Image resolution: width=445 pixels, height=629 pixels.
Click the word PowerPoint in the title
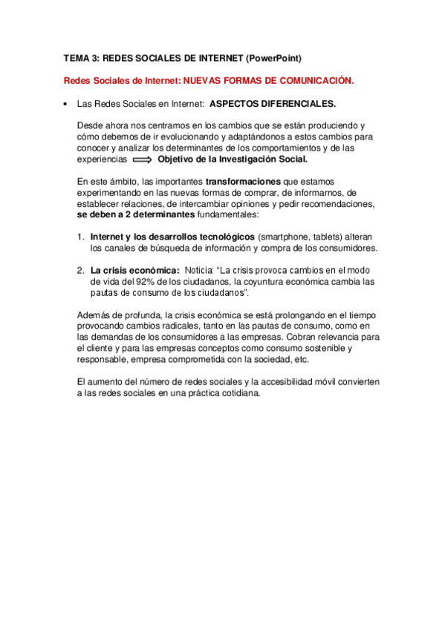(275, 57)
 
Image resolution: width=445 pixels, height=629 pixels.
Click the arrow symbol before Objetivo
(142, 159)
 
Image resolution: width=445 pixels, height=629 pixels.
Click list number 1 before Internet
(80, 237)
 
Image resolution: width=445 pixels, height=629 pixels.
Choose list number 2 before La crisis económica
(80, 271)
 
